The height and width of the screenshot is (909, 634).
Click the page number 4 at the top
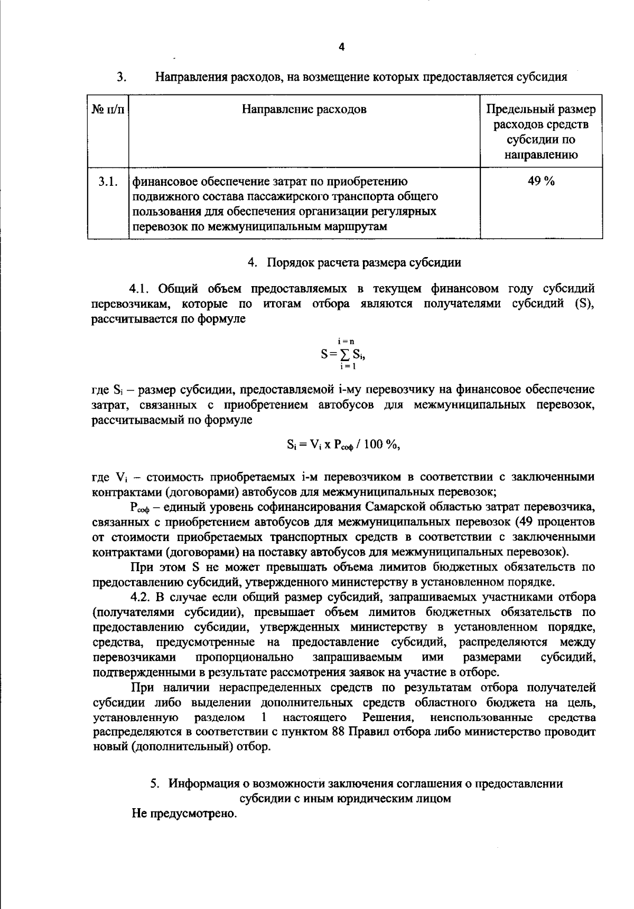pyautogui.click(x=341, y=48)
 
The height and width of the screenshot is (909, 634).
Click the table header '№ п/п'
pyautogui.click(x=108, y=110)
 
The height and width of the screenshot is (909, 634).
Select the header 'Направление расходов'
pyautogui.click(x=304, y=109)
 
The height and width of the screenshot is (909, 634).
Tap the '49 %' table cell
pyautogui.click(x=541, y=182)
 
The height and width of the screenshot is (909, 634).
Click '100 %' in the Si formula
pyautogui.click(x=380, y=444)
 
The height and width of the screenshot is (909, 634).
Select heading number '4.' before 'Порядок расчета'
pyautogui.click(x=253, y=262)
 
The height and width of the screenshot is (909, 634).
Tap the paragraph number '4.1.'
pyautogui.click(x=141, y=289)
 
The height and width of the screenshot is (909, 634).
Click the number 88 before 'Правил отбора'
pyautogui.click(x=339, y=733)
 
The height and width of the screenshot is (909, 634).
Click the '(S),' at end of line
pyautogui.click(x=584, y=304)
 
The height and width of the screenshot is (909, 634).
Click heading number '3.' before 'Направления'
pyautogui.click(x=121, y=78)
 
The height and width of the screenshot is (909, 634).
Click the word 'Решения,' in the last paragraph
pyautogui.click(x=387, y=717)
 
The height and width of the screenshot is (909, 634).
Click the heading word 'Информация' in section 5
pyautogui.click(x=201, y=783)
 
